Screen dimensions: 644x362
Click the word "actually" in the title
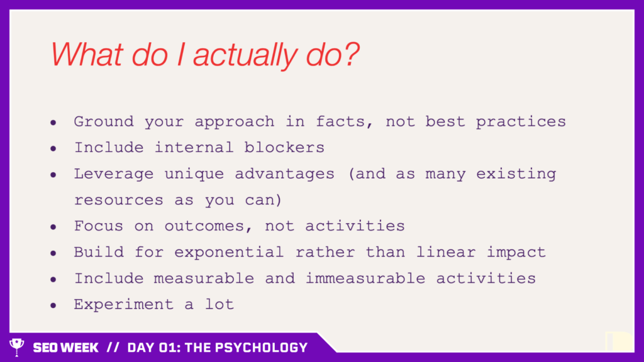pos(245,55)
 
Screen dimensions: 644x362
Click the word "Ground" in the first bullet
pos(104,121)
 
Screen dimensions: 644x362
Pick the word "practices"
pos(521,122)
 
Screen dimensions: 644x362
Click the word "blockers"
pos(284,147)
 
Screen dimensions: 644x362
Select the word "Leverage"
pos(114,174)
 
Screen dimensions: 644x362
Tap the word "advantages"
pos(285,174)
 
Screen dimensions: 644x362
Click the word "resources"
pos(119,200)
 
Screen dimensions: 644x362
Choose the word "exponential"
pos(229,253)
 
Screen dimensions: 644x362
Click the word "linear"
pos(446,251)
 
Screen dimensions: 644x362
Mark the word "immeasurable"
pos(365,278)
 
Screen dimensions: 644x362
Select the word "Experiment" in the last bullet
pos(124,305)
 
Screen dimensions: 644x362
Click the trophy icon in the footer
pos(17,347)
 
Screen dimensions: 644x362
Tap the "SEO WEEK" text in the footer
pos(65,348)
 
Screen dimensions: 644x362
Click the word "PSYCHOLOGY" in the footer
pos(261,348)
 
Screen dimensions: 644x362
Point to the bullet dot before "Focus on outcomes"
pos(53,227)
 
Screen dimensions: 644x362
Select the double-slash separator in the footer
pos(113,348)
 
